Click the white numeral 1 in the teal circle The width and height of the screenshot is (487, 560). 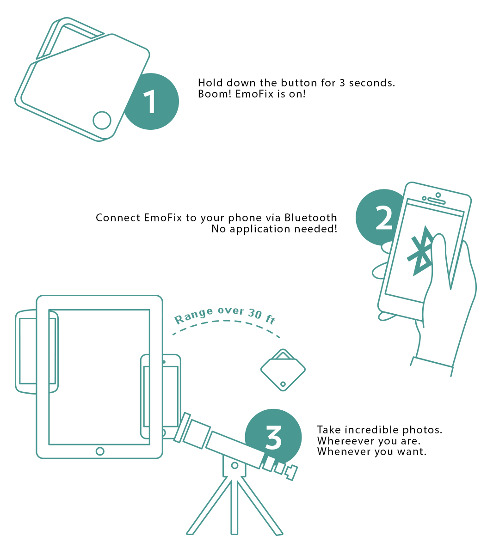150,101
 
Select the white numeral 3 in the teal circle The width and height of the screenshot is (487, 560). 273,437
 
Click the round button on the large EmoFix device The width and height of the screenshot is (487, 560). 102,120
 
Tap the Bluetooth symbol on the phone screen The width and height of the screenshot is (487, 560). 420,251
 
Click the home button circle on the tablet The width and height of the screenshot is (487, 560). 100,451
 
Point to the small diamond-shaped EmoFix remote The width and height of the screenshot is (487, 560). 283,370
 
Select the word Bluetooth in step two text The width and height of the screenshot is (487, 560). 311,218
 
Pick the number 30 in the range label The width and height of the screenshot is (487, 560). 255,313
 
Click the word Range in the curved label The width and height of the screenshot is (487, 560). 193,316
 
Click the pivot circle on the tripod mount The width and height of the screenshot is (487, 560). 234,465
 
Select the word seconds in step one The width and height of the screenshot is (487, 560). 372,83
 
